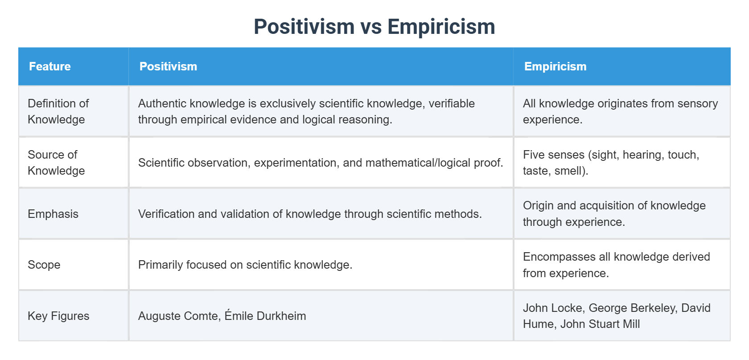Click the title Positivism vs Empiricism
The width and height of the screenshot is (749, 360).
[374, 27]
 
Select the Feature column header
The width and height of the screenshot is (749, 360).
[50, 66]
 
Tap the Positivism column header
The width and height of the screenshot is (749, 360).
[168, 66]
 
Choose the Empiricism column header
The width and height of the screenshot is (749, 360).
[555, 66]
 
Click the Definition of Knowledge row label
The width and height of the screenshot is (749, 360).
[58, 111]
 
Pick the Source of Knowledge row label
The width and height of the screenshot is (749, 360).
[56, 163]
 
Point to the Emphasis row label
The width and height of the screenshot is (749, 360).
[53, 214]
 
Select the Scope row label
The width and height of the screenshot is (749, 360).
[44, 265]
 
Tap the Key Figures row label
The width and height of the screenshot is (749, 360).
[58, 316]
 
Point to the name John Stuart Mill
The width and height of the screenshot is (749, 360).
[600, 324]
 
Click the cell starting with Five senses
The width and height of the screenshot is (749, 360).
[611, 163]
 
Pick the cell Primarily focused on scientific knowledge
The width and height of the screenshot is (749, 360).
[245, 265]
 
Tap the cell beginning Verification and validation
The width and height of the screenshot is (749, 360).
[310, 214]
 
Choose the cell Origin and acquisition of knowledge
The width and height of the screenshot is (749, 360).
[614, 213]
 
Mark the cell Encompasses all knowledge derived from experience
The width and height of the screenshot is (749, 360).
[616, 265]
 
